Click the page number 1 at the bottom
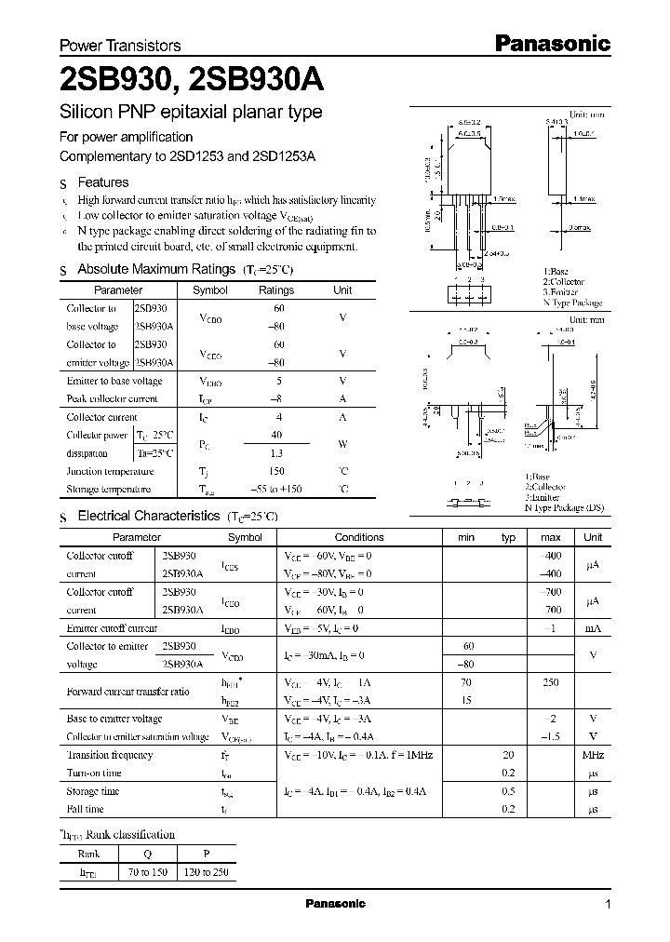(x=608, y=905)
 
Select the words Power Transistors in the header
(x=120, y=46)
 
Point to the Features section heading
(x=102, y=183)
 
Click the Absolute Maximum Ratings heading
(x=155, y=269)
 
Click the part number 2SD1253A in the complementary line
(x=284, y=157)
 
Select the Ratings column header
(x=276, y=290)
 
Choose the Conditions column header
(x=359, y=537)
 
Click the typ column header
(x=508, y=537)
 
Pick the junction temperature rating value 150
(x=276, y=471)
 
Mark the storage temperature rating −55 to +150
(x=276, y=490)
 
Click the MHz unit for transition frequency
(x=592, y=755)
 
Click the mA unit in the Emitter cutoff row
(x=592, y=629)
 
